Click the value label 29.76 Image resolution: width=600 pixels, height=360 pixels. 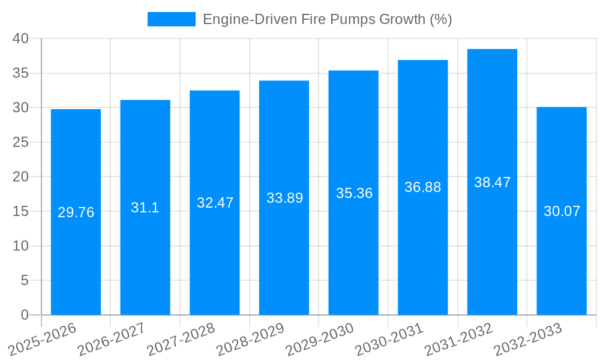[76, 212]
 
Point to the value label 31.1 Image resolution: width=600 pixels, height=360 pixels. [145, 208]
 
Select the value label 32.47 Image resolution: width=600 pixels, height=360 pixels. [215, 203]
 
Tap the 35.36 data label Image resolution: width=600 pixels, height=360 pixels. [354, 193]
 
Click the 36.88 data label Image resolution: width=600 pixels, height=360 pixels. [422, 187]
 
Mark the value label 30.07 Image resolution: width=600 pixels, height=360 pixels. [562, 211]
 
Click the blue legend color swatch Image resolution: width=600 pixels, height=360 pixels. [172, 19]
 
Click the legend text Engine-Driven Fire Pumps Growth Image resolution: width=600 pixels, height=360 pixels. [327, 19]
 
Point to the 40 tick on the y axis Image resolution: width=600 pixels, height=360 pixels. [21, 38]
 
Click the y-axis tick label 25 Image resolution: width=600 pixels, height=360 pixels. [21, 142]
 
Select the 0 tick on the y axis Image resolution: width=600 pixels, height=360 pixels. [25, 315]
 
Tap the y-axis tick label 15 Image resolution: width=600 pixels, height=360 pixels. [21, 211]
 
